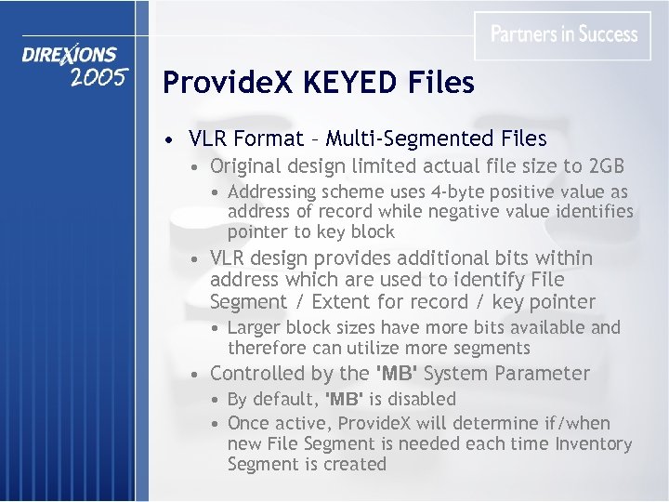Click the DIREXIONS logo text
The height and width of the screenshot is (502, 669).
click(70, 56)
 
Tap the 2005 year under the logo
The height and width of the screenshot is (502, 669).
click(98, 77)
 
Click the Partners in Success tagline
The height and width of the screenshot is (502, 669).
click(564, 34)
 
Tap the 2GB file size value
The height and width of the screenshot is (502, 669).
click(607, 166)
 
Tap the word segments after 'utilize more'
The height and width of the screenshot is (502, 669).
click(492, 349)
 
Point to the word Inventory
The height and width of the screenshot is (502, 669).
click(594, 444)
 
